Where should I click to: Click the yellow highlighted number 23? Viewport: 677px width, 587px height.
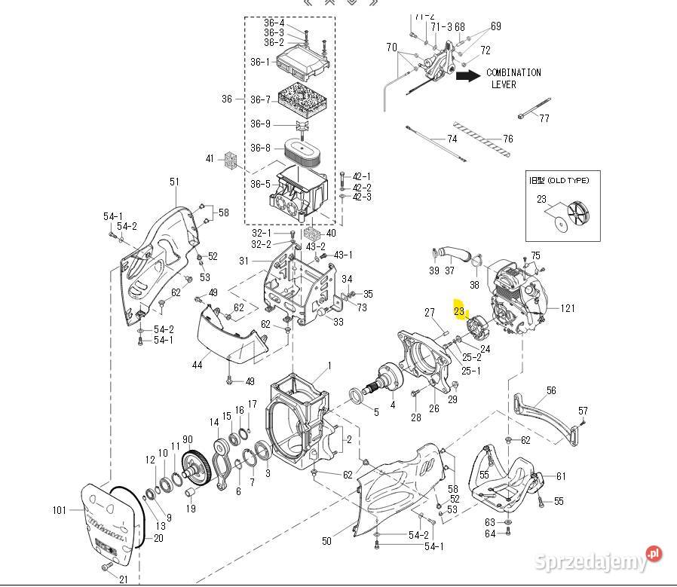click(459, 310)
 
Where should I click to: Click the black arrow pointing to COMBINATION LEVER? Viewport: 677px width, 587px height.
click(468, 75)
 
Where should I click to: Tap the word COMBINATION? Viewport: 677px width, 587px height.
click(513, 73)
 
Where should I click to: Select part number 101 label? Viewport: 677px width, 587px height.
click(60, 510)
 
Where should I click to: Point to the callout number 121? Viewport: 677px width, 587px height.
click(567, 308)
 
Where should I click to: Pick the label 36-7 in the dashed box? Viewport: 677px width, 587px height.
click(260, 99)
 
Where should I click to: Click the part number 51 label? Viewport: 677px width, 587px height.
click(174, 182)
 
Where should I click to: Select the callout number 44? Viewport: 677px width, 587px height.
click(197, 365)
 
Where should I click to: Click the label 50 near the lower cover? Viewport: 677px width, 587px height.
click(326, 540)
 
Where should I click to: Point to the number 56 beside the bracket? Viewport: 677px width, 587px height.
click(552, 390)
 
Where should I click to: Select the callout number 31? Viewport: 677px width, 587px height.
click(244, 261)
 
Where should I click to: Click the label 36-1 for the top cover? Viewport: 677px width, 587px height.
click(260, 62)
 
